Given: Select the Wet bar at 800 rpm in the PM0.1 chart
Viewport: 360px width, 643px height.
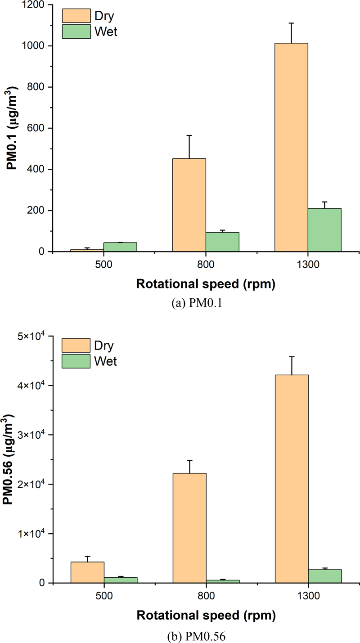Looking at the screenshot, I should click(222, 242).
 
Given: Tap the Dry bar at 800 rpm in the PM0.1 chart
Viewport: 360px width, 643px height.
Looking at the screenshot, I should click(189, 205).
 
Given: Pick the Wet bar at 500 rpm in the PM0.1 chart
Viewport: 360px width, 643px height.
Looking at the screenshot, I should click(120, 247).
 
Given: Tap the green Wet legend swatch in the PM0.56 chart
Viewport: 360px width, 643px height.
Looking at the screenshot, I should click(76, 361).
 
